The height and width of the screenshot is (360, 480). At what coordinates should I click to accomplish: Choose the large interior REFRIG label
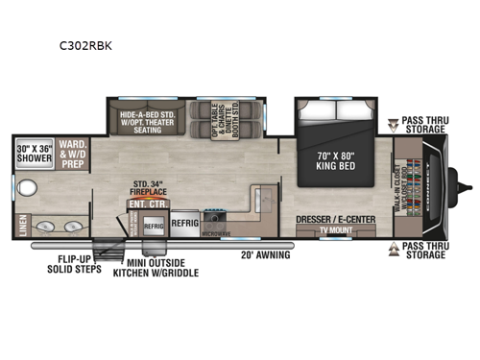coord(185,219)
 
